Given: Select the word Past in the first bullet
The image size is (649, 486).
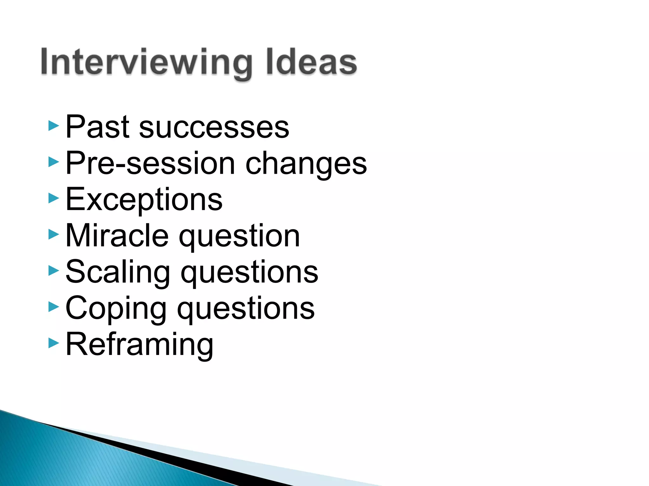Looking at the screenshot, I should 97,127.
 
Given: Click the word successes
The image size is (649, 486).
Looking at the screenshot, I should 214,128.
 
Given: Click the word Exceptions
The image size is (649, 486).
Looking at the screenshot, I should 144,200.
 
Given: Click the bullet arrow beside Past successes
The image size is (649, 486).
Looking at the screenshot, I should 54,126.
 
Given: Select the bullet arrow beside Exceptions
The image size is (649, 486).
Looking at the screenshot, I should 54,198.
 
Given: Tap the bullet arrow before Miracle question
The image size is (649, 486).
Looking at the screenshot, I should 54,234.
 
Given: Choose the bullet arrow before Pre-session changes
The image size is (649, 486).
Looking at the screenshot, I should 54,162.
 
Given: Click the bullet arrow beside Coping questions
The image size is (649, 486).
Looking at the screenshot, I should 54,307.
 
